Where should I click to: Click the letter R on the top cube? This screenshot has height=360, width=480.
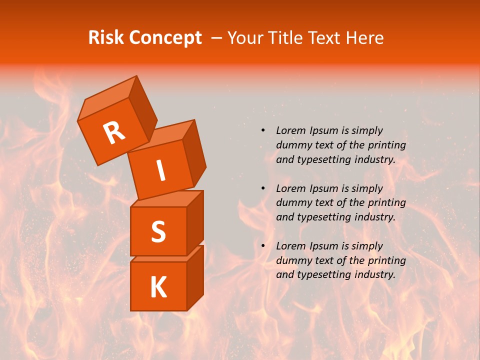[114, 133]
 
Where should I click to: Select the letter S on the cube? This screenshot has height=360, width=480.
[158, 231]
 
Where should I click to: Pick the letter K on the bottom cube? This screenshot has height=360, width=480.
[158, 287]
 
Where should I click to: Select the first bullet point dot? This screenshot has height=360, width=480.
[263, 130]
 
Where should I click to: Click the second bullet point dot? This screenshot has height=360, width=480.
[263, 188]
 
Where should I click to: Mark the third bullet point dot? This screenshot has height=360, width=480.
[263, 246]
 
